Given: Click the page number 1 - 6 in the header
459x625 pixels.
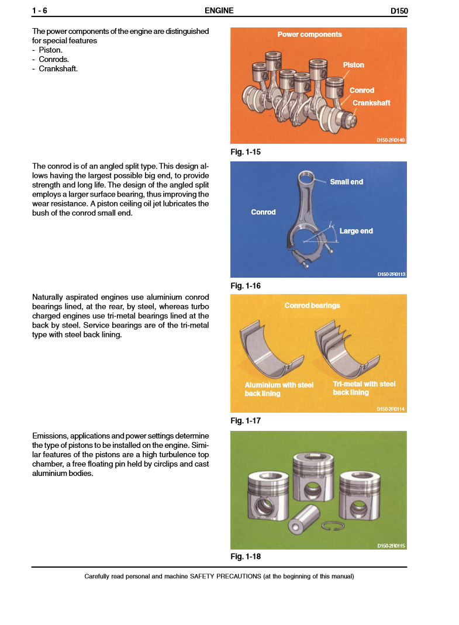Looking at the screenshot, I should [39, 11].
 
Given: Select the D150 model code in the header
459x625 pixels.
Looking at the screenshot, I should [399, 11].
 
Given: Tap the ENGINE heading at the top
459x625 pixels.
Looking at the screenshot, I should [219, 11].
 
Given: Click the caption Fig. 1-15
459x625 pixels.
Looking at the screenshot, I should [246, 152].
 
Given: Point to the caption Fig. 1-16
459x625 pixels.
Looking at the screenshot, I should [246, 286].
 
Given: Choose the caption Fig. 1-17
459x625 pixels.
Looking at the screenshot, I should [246, 420].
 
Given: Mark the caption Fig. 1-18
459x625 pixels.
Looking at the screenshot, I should [246, 556].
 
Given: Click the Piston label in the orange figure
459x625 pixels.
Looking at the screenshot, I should [353, 65].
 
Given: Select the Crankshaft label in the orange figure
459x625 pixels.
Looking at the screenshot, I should [371, 103].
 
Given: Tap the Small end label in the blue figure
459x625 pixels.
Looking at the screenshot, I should [346, 182].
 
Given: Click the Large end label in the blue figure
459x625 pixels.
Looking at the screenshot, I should [356, 231].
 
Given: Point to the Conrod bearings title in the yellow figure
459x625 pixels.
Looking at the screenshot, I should [312, 305].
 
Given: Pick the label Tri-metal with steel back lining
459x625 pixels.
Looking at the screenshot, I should [364, 388].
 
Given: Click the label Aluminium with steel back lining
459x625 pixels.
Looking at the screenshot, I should [279, 389].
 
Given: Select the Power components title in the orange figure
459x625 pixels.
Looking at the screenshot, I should [309, 34].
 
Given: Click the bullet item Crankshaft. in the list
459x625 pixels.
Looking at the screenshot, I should [58, 68].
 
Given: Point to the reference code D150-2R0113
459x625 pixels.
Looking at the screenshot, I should [391, 274].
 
